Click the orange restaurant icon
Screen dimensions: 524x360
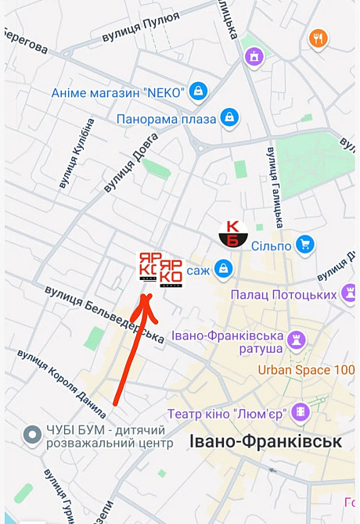(x=318, y=38)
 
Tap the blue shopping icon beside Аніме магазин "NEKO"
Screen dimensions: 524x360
(x=199, y=92)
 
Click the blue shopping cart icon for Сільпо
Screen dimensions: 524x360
(x=307, y=244)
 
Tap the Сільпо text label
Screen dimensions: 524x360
(x=272, y=246)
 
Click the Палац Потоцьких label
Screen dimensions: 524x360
(x=284, y=294)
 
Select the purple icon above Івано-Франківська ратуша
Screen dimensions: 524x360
(x=296, y=339)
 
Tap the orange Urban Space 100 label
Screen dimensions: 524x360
(x=306, y=369)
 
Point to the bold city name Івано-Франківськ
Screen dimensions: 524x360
(x=265, y=442)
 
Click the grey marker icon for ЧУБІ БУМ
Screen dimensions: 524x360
(x=33, y=433)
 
